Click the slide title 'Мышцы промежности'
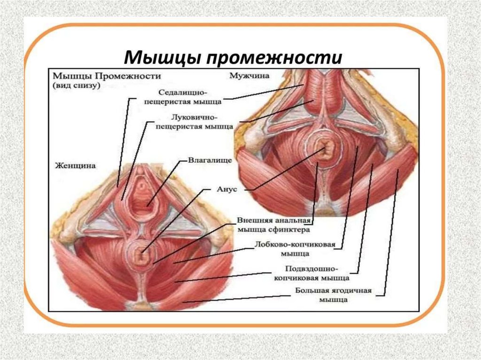pos(233,58)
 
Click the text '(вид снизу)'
pos(76,86)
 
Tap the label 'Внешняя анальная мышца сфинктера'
pos(272,226)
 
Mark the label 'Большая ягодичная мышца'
pos(333,295)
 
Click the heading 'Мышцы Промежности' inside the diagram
pos(107,76)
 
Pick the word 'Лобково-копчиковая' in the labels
pos(285,245)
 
